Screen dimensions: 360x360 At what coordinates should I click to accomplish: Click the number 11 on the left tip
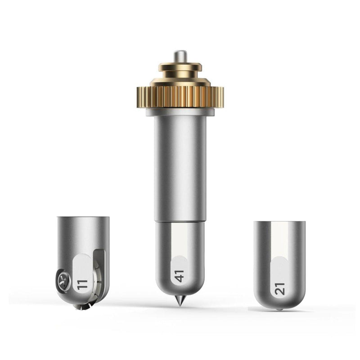[x=82, y=284]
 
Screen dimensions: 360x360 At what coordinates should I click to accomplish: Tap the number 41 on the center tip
[x=179, y=276]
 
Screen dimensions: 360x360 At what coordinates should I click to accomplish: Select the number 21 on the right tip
[x=279, y=288]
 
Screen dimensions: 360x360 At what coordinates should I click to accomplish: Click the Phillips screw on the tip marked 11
[x=63, y=281]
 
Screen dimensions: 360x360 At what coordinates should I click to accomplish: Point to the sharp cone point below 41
[x=180, y=301]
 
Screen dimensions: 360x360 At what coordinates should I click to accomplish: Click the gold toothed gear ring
[x=180, y=97]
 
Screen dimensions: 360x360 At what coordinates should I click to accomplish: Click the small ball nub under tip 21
[x=279, y=309]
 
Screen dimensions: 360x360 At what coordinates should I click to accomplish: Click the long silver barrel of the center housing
[x=180, y=168]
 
